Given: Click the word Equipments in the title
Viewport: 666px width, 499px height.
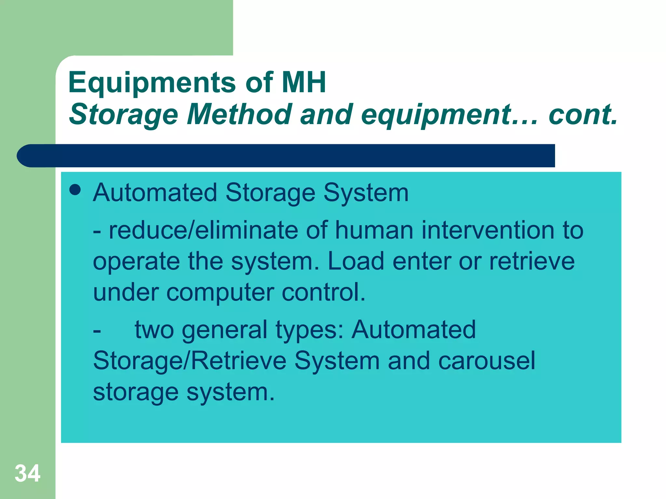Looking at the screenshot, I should [x=152, y=83].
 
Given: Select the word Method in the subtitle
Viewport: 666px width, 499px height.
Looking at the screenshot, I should [x=239, y=114].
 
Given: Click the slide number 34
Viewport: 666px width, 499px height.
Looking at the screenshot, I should [x=28, y=473].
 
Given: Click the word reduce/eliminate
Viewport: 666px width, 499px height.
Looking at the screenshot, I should [x=203, y=230].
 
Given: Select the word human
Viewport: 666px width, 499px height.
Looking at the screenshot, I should [x=374, y=230].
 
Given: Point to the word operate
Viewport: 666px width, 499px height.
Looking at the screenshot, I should [x=136, y=262].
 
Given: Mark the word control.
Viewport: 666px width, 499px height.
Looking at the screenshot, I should [x=323, y=292].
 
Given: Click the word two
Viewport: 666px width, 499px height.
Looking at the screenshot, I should [x=154, y=330].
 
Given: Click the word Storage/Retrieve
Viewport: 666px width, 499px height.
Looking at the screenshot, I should [x=190, y=361].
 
